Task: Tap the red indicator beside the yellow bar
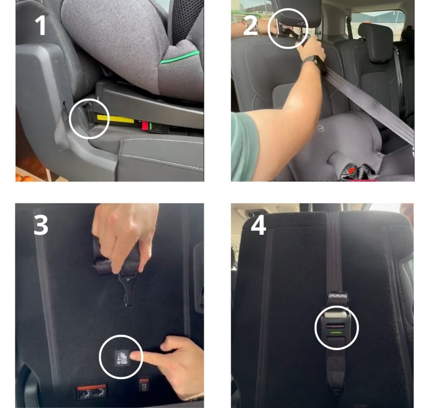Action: pos(145,125)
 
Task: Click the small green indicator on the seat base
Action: pos(151,125)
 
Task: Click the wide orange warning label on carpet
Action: pos(91,392)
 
